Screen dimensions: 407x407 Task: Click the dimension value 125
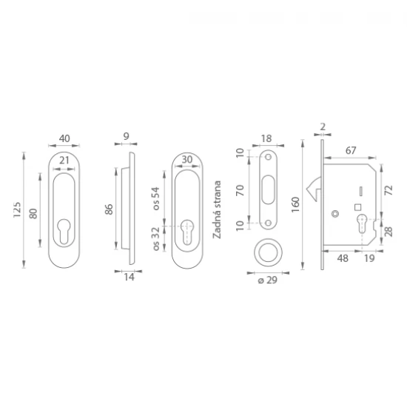(17, 209)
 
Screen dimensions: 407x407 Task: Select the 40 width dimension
(64, 138)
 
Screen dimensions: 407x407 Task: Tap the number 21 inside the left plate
(64, 161)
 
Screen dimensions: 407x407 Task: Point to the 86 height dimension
(110, 209)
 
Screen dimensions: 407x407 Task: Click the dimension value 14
(129, 277)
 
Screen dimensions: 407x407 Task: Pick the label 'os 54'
(156, 198)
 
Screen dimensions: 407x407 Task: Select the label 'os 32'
(156, 239)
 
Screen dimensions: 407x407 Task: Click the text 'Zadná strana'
(217, 209)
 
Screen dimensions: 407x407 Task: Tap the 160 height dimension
(296, 205)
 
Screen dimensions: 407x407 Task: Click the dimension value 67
(351, 150)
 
